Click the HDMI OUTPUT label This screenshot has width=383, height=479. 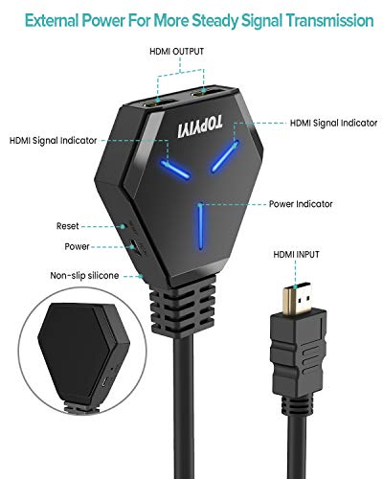(x=176, y=52)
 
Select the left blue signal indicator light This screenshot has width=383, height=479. (x=175, y=170)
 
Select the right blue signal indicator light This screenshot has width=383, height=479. (x=225, y=156)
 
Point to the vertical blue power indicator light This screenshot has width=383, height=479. (x=200, y=226)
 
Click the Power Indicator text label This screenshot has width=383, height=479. (x=301, y=204)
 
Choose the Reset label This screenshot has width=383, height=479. (x=67, y=226)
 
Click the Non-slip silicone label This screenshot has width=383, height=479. (x=84, y=276)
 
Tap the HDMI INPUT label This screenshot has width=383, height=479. (x=296, y=255)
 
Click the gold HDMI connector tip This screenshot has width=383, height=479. (x=298, y=298)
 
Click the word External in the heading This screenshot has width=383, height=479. (x=52, y=21)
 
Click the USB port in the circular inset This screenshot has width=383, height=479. (x=104, y=382)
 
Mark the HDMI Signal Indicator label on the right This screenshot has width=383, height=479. (x=333, y=123)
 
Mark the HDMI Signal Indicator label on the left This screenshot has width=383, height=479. (x=53, y=141)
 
